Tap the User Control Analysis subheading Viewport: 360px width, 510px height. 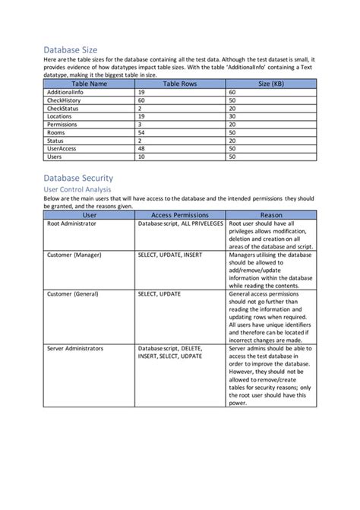point(78,188)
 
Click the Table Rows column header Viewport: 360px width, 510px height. point(181,83)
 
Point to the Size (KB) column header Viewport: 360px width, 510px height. point(270,83)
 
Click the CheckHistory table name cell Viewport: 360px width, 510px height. point(65,100)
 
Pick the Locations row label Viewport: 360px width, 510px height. point(61,116)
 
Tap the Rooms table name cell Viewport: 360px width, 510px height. point(57,132)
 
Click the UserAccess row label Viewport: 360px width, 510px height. point(63,149)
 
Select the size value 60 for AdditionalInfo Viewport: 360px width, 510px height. point(232,91)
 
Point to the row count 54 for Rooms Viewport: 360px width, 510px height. point(141,132)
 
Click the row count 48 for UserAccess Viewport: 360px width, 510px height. point(141,149)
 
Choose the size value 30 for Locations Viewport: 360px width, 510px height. point(232,116)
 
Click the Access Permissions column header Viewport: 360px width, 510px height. point(181,215)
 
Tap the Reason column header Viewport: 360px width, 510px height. point(270,215)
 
